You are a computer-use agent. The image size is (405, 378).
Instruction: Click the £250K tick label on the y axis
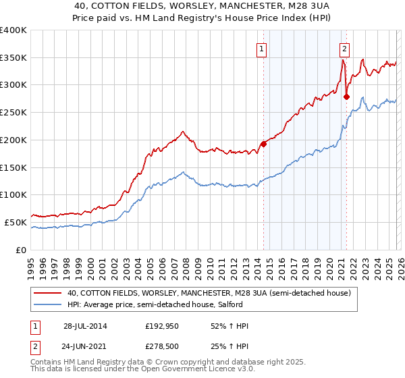[13, 113]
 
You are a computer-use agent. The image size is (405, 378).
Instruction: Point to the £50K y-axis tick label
[16, 222]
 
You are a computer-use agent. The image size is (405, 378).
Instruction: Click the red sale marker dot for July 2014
[263, 144]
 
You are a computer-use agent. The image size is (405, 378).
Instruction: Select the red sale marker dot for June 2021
[346, 97]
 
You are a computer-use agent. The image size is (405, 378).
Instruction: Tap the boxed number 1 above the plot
[261, 48]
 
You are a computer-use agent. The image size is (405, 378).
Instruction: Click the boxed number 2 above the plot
[344, 48]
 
